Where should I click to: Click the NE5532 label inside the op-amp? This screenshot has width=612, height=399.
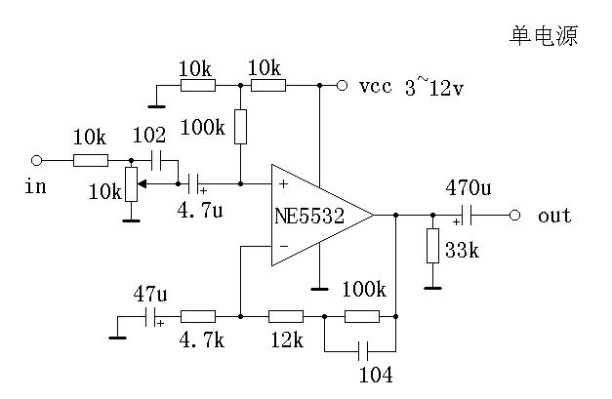(x=308, y=216)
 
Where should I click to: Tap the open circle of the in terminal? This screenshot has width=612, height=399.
(x=37, y=159)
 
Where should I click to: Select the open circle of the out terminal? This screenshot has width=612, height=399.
(x=515, y=215)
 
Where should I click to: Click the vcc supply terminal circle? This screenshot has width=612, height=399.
(x=342, y=86)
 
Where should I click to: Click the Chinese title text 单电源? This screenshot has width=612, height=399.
(x=545, y=36)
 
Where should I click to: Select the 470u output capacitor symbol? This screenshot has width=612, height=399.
(x=466, y=215)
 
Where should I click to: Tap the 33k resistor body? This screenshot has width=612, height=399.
(x=432, y=246)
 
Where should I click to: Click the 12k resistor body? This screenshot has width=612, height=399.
(x=285, y=316)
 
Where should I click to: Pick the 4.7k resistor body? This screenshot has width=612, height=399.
(x=198, y=316)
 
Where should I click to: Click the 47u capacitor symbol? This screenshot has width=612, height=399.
(x=150, y=316)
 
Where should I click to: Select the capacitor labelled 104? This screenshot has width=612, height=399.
(x=362, y=349)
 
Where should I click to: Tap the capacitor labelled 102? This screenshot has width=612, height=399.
(x=155, y=159)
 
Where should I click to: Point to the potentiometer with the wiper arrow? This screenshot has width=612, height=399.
(x=130, y=183)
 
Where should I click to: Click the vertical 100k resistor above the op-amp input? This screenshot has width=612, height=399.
(x=240, y=128)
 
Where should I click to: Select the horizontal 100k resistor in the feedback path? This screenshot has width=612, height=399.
(x=362, y=316)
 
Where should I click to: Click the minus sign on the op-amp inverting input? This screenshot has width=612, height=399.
(x=283, y=248)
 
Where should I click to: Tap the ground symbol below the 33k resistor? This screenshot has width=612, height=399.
(x=432, y=286)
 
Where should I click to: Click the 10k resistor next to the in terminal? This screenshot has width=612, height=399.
(x=90, y=159)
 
